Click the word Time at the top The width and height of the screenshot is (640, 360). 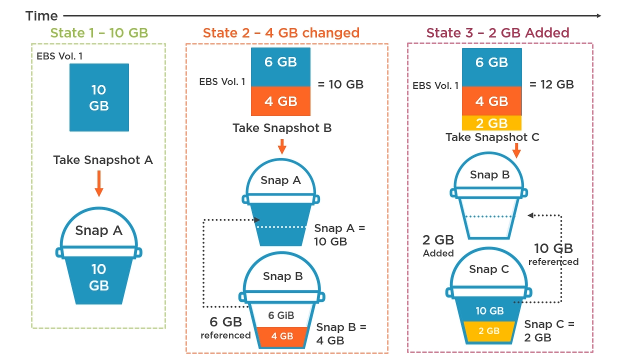click(x=41, y=16)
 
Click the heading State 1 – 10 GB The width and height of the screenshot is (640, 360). click(x=99, y=33)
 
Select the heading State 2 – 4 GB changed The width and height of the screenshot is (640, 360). click(x=281, y=33)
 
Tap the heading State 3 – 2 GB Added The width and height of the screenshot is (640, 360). click(x=497, y=33)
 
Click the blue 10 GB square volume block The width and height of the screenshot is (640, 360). click(x=99, y=97)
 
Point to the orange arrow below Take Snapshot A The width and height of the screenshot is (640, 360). click(x=99, y=183)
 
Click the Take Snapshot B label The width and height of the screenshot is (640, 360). click(x=282, y=128)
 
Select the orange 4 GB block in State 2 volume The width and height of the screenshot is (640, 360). click(x=280, y=101)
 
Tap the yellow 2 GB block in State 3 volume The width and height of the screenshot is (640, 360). click(x=491, y=123)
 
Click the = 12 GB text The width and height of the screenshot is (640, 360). click(x=551, y=84)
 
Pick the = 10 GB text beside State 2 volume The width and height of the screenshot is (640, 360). click(x=340, y=84)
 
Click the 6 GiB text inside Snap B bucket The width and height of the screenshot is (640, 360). click(x=281, y=315)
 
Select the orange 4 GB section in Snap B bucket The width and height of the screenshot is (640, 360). click(x=282, y=336)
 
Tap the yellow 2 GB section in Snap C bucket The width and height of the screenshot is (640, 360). click(x=489, y=331)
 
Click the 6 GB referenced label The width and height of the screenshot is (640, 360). click(x=225, y=328)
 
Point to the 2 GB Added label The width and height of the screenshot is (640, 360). click(x=438, y=246)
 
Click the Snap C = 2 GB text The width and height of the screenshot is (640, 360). click(x=549, y=331)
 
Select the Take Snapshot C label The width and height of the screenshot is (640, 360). click(x=492, y=137)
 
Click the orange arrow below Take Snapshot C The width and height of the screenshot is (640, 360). click(x=516, y=150)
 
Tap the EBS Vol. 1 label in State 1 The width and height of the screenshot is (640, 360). click(x=59, y=56)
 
